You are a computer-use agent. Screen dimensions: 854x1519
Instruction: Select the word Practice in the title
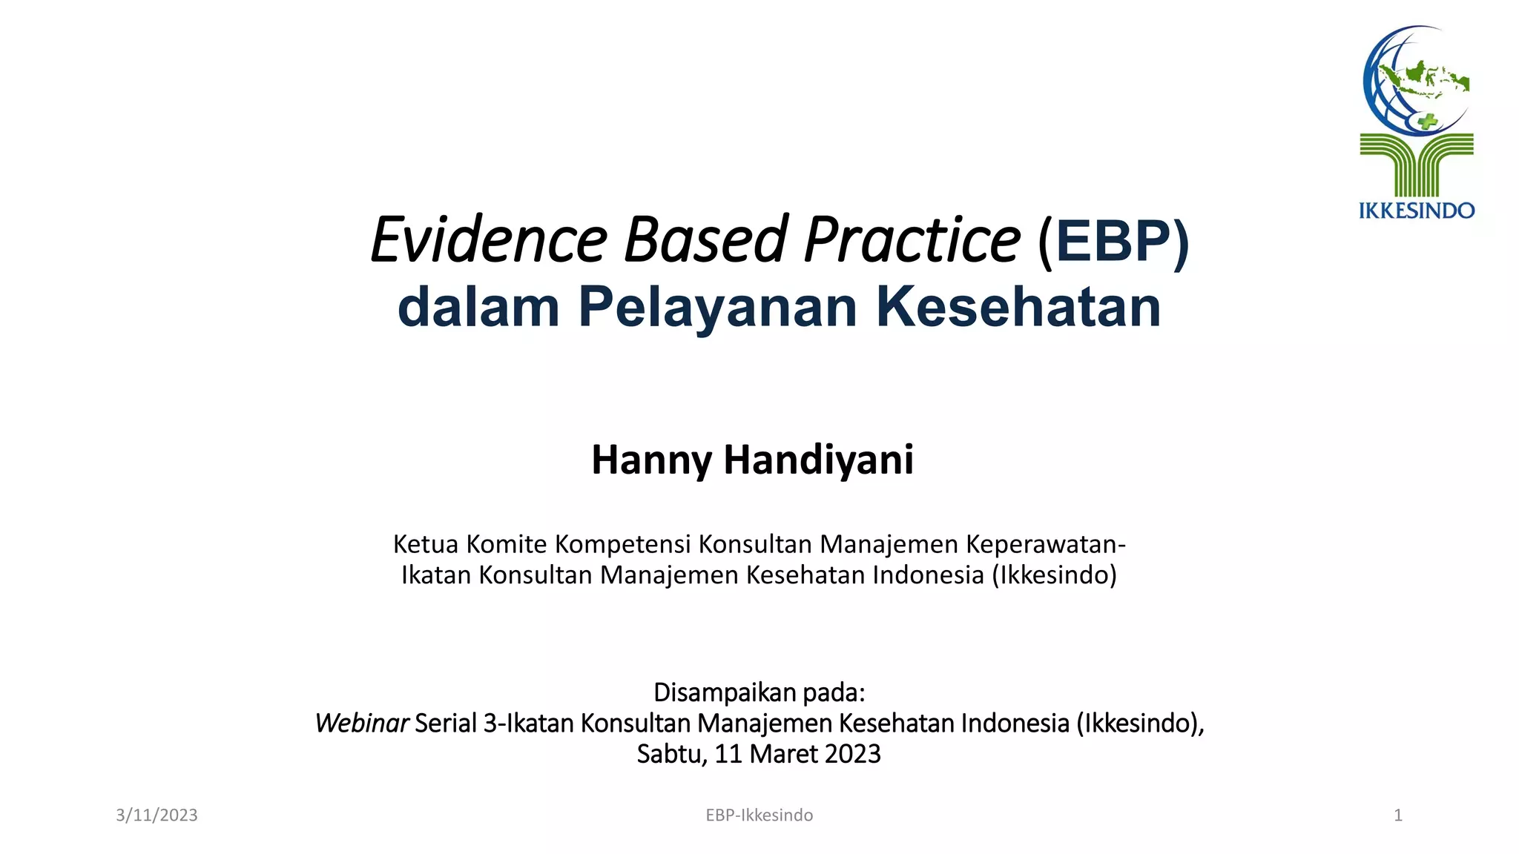pos(912,240)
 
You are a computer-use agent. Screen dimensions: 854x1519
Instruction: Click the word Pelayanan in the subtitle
pos(717,307)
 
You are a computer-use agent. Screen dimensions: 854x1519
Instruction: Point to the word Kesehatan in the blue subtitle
pos(1018,307)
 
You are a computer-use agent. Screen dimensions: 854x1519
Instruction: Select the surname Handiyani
pos(818,460)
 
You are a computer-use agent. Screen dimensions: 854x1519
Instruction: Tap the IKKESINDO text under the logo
pos(1416,211)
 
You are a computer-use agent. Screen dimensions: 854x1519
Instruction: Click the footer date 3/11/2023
pos(156,815)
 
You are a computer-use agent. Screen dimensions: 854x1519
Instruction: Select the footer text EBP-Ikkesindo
pos(759,815)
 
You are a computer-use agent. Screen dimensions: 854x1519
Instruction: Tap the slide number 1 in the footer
pos(1397,815)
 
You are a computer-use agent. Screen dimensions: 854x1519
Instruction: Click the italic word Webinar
pos(361,723)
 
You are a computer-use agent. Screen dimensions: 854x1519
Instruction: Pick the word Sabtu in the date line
pos(670,754)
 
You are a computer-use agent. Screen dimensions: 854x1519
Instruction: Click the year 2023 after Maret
pos(852,754)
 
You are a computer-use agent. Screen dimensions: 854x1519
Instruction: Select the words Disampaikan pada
pos(759,692)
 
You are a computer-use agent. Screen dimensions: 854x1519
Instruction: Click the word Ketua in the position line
pos(425,544)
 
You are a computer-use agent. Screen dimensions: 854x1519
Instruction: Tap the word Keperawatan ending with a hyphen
pos(1046,544)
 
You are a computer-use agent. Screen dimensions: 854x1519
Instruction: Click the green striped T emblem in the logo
pos(1416,164)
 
